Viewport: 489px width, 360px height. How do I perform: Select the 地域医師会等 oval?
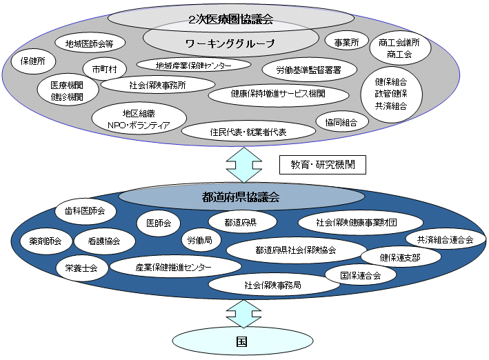(x=90, y=43)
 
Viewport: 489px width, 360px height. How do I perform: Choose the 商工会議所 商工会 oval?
(x=399, y=48)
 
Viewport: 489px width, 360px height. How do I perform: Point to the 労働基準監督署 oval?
(x=310, y=69)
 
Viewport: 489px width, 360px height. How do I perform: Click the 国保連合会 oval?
(x=360, y=274)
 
